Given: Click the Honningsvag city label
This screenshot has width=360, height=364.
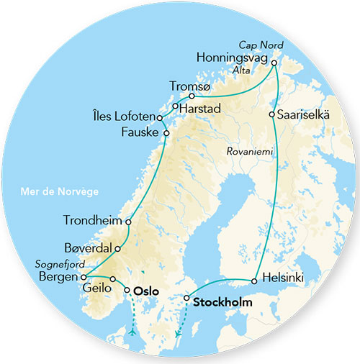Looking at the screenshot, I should [231, 57].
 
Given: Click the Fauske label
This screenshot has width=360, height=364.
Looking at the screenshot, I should [141, 133].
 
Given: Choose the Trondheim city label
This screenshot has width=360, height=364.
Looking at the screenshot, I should [96, 222].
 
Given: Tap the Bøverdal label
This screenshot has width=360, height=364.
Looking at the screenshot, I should [89, 247].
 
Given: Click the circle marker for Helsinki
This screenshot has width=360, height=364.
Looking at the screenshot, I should [254, 281].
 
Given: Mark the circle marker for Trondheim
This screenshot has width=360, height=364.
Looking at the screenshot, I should [128, 222].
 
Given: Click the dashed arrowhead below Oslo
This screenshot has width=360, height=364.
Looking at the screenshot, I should [132, 332].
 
